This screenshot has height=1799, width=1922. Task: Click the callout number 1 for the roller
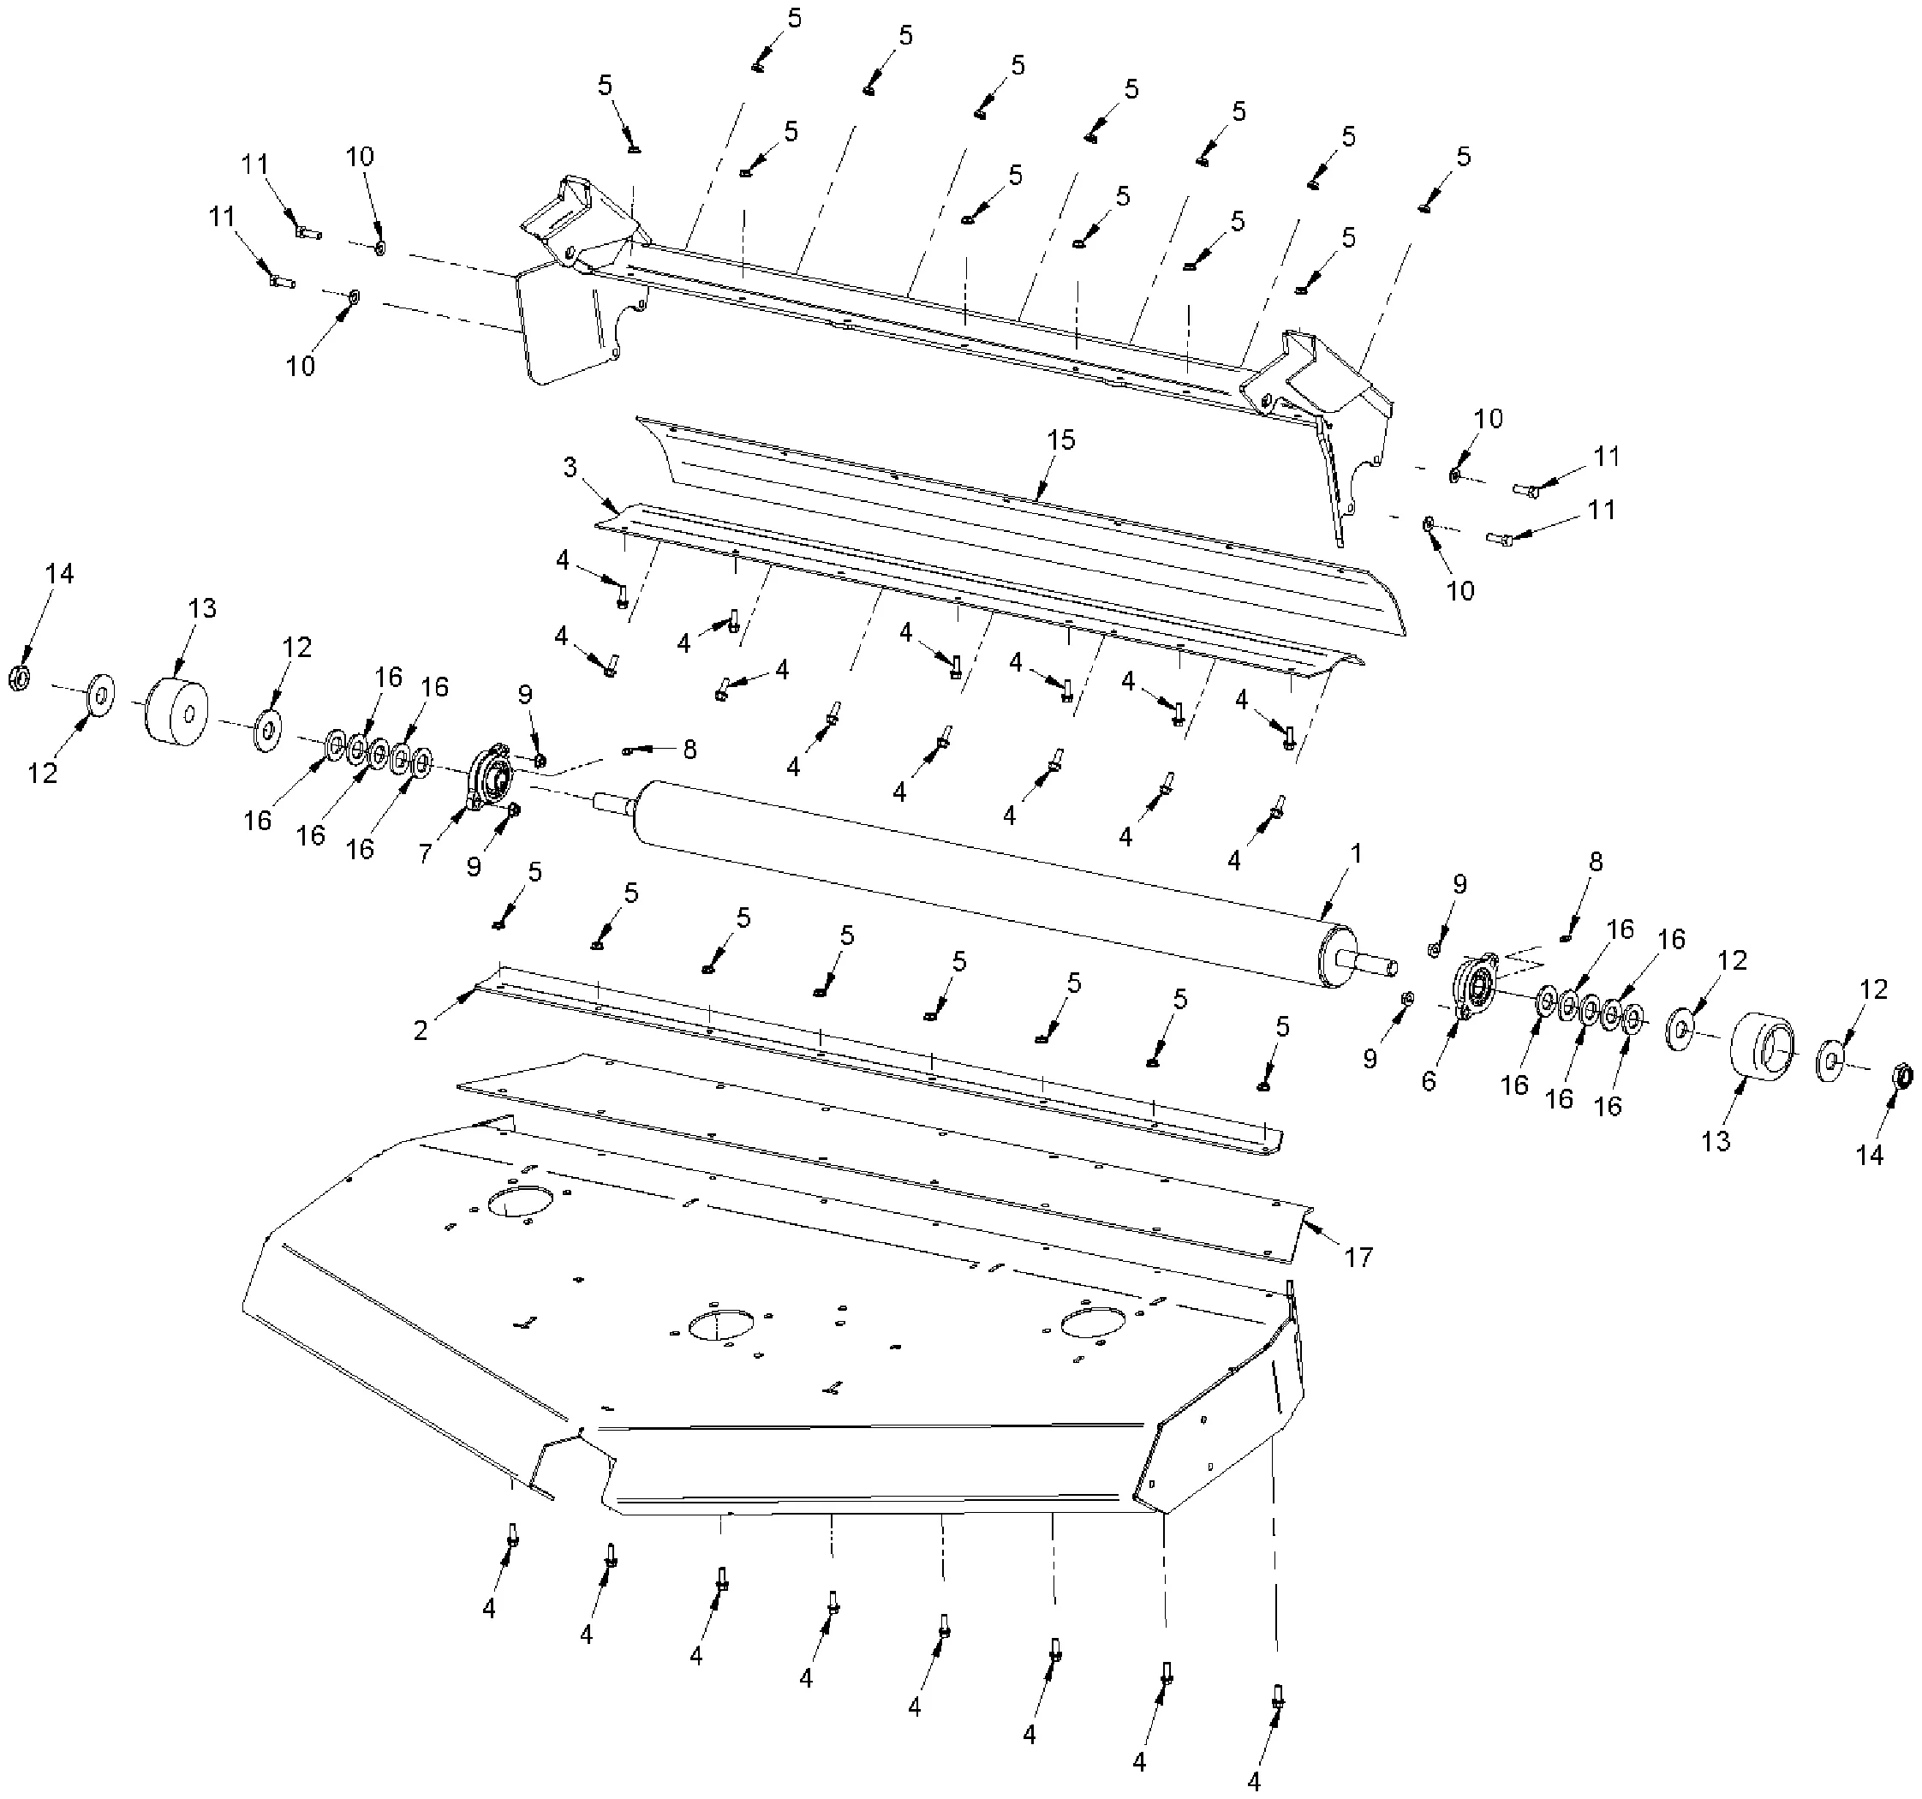click(x=1356, y=854)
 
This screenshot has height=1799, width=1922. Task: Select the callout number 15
click(x=1060, y=440)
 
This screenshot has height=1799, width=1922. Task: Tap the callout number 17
click(x=1358, y=1257)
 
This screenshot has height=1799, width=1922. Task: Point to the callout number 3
click(x=570, y=468)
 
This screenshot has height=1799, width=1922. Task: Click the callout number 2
click(x=421, y=1031)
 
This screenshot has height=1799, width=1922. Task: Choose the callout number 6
click(x=1429, y=1081)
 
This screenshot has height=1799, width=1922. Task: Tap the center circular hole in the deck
click(x=720, y=1325)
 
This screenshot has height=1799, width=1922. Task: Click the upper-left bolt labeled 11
click(x=307, y=231)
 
